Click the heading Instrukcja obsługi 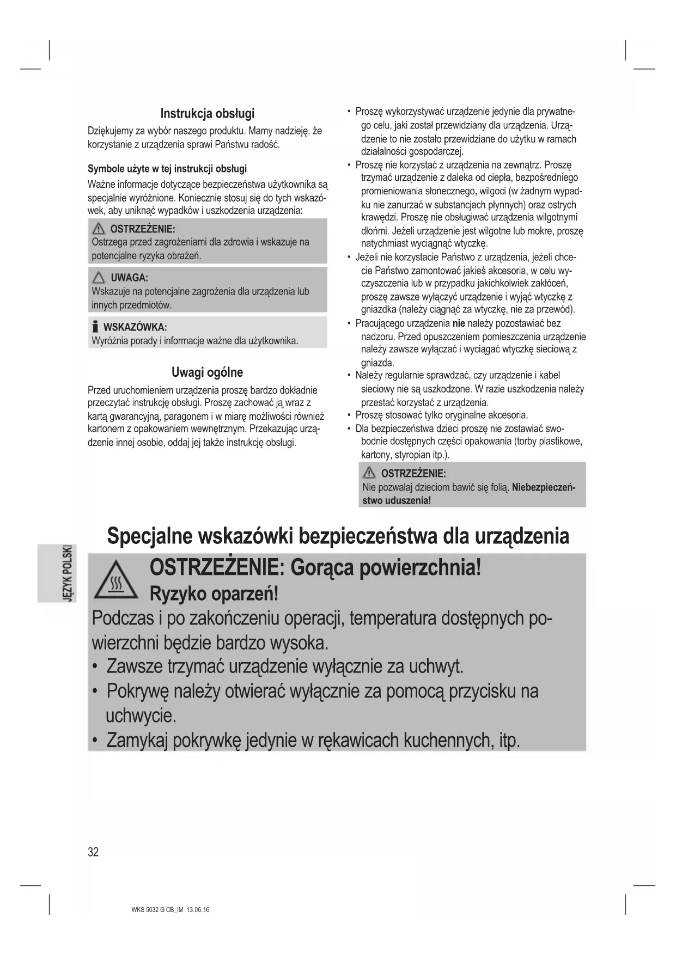(207, 114)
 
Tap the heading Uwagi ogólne (207, 373)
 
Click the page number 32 (93, 852)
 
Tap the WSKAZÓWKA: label (135, 327)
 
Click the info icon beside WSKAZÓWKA (95, 327)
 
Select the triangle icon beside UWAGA (99, 278)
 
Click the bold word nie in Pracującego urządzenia (458, 323)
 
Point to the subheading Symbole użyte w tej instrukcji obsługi (167, 168)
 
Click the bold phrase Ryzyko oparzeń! (214, 593)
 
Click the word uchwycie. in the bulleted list (141, 715)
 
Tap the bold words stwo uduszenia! (397, 500)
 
